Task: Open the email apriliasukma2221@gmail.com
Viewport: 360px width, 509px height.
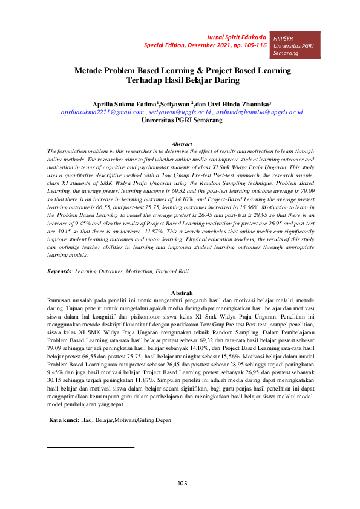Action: [x=102, y=112]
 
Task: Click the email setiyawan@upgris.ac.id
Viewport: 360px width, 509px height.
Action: [x=180, y=112]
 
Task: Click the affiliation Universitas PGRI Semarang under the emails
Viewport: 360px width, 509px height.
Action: [x=182, y=120]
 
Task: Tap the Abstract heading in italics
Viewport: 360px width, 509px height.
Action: [x=182, y=144]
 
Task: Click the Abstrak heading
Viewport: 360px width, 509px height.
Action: [x=182, y=293]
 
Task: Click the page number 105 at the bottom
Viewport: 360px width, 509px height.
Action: [x=182, y=482]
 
